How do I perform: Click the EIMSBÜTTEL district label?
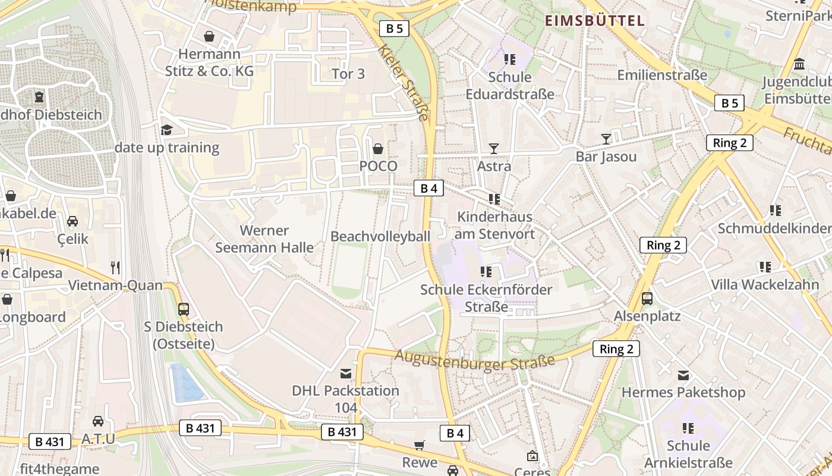click(595, 21)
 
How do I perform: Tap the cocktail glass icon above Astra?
click(494, 148)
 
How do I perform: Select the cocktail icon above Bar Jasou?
click(606, 139)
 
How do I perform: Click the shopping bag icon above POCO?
click(378, 148)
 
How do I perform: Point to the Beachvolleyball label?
click(380, 236)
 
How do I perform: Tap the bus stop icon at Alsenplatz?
click(647, 299)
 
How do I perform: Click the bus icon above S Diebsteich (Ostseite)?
click(184, 309)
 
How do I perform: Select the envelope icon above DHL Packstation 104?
click(345, 374)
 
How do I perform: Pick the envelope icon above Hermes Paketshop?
click(683, 375)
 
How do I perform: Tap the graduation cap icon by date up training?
click(166, 130)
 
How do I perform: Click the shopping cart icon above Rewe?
click(420, 446)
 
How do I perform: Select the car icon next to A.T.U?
click(98, 421)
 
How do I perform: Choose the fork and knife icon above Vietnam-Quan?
click(115, 268)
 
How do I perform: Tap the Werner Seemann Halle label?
click(264, 239)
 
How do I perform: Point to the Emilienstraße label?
click(662, 75)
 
